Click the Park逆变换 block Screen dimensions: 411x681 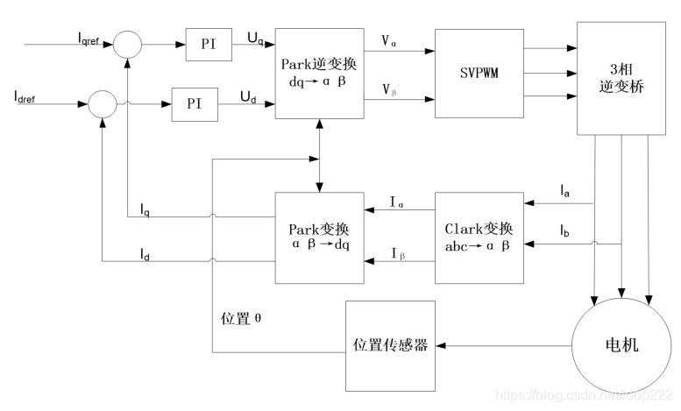[319, 74]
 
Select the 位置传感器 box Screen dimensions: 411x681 [390, 345]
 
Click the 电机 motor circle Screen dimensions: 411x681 [615, 345]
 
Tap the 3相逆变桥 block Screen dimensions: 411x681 [615, 79]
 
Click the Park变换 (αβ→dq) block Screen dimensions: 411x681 [319, 237]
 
